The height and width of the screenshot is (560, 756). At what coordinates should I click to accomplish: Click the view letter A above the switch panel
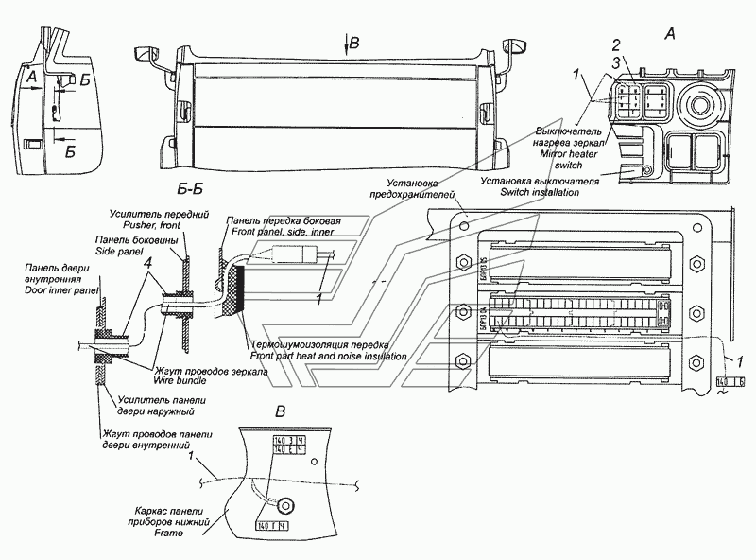point(669,34)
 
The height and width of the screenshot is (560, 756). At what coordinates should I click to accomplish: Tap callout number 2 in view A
point(616,45)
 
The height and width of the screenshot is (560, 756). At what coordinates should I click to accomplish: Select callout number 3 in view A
point(616,62)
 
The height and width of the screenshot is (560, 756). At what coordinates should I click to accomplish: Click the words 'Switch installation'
point(528,192)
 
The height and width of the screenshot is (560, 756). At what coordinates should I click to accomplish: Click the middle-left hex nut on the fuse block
point(463,311)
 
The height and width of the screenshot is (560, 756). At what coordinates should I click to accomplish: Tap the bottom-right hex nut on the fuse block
point(697,360)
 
